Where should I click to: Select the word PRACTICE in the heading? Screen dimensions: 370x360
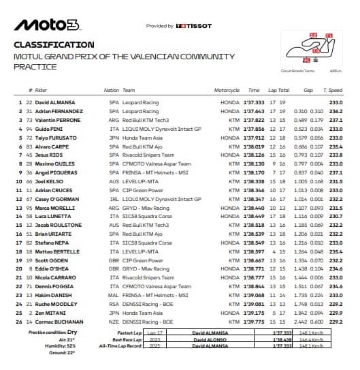[x=34, y=67]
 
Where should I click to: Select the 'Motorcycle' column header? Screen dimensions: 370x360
[x=227, y=90]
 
